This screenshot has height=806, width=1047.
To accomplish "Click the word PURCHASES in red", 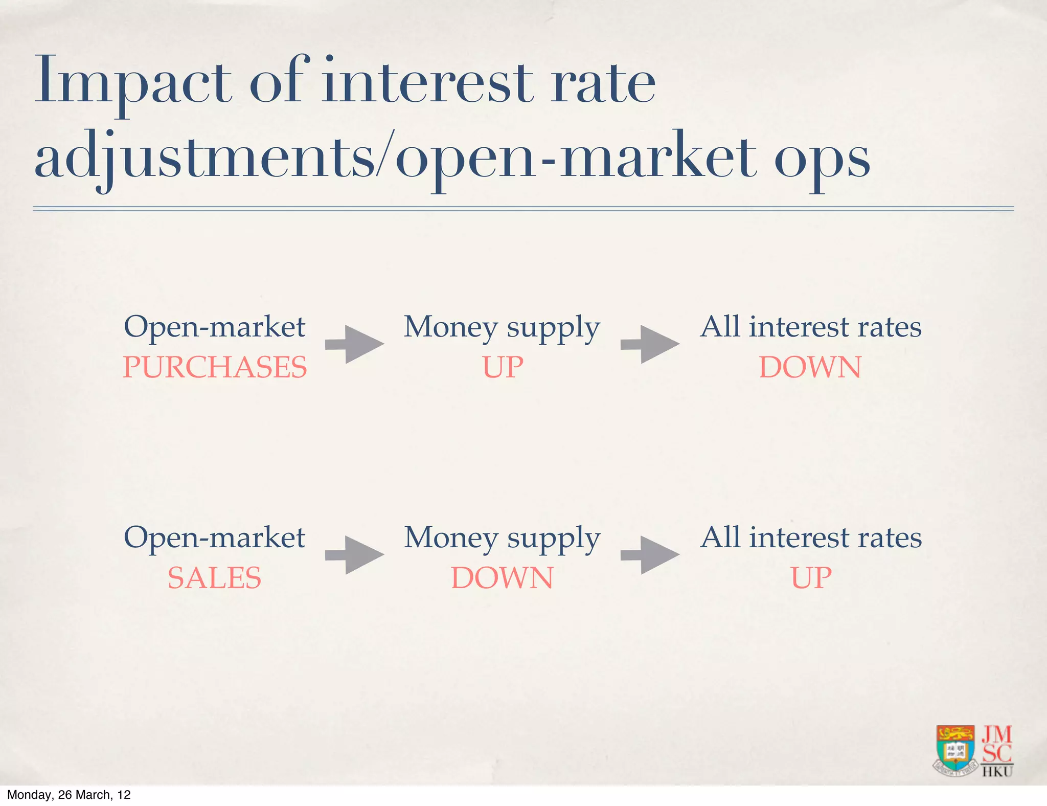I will tap(215, 367).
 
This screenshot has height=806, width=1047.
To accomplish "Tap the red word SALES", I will tap(214, 578).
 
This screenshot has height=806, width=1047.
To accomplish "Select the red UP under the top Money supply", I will tap(503, 367).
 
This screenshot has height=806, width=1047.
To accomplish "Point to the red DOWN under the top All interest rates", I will tap(810, 367).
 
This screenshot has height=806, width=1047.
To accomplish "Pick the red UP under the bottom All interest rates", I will tap(811, 578).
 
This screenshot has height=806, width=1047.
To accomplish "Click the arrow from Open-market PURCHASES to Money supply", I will tap(355, 344).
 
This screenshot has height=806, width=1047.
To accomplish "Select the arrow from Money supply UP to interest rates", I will tap(650, 344).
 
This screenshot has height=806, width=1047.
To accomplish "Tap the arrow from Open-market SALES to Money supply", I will tap(355, 555).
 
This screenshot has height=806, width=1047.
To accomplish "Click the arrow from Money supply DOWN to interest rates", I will tap(650, 555).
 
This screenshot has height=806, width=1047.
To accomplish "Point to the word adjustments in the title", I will tap(204, 159).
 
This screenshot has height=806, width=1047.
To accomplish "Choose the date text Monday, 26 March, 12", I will tap(69, 795).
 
